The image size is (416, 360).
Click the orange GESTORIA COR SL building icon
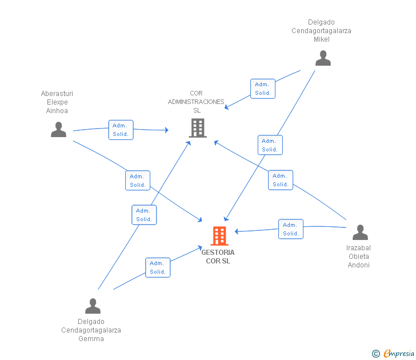point(219,235)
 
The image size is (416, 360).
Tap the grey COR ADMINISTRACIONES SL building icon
point(198,128)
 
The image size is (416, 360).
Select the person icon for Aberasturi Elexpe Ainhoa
point(58,130)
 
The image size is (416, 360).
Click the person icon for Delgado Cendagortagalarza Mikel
point(323,58)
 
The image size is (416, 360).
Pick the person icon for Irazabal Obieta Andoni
point(360,232)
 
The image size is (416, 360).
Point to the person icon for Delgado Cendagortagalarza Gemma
point(93,306)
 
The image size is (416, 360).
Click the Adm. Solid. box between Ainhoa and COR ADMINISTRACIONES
point(121,130)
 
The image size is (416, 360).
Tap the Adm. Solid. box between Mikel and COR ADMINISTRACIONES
point(263,89)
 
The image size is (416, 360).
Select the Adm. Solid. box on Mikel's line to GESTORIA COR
point(270,145)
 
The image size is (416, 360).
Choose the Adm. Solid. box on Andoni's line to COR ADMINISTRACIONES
point(281,180)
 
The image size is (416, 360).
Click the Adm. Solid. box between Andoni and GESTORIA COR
point(291,229)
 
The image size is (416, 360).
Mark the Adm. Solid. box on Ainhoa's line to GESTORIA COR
point(138,181)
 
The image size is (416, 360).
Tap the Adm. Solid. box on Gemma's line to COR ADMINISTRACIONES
point(145,215)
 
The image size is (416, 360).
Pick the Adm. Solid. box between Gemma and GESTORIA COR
point(158,267)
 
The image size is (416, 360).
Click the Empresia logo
point(399,353)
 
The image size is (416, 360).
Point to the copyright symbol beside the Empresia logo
point(376,354)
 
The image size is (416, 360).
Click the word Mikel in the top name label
point(322,39)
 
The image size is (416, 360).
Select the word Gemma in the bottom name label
point(91,339)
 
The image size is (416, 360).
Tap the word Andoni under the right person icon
point(359,265)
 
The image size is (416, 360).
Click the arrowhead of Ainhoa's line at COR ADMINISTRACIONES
point(167,130)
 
